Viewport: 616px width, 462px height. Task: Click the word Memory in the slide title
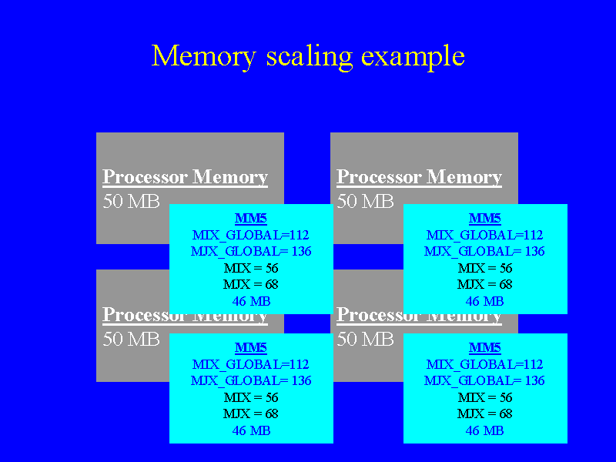pyautogui.click(x=203, y=56)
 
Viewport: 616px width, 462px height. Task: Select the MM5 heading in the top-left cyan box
pyautogui.click(x=250, y=219)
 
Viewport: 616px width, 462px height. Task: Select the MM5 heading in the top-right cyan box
pyautogui.click(x=484, y=219)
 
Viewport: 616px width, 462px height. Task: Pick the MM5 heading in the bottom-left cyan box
pyautogui.click(x=250, y=348)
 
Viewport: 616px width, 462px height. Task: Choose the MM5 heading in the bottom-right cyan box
pyautogui.click(x=484, y=348)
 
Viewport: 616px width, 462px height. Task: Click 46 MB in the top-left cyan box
pyautogui.click(x=251, y=301)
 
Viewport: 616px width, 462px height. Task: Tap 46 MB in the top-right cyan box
pyautogui.click(x=484, y=301)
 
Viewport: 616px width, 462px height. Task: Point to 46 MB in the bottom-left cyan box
pyautogui.click(x=251, y=430)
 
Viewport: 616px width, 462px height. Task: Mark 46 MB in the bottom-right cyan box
pyautogui.click(x=484, y=430)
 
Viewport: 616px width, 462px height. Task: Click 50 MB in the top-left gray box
pyautogui.click(x=131, y=202)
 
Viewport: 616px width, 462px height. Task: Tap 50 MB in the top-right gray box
pyautogui.click(x=365, y=202)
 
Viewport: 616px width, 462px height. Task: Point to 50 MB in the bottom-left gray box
pyautogui.click(x=131, y=339)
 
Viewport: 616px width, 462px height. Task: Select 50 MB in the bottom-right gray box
pyautogui.click(x=365, y=339)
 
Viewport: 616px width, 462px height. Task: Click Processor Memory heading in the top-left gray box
pyautogui.click(x=185, y=177)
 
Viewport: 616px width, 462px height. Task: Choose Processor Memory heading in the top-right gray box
pyautogui.click(x=419, y=177)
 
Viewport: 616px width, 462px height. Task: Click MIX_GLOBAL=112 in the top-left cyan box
pyautogui.click(x=251, y=235)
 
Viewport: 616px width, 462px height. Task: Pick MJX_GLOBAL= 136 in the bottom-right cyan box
pyautogui.click(x=484, y=380)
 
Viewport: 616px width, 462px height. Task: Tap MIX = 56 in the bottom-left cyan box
pyautogui.click(x=251, y=397)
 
